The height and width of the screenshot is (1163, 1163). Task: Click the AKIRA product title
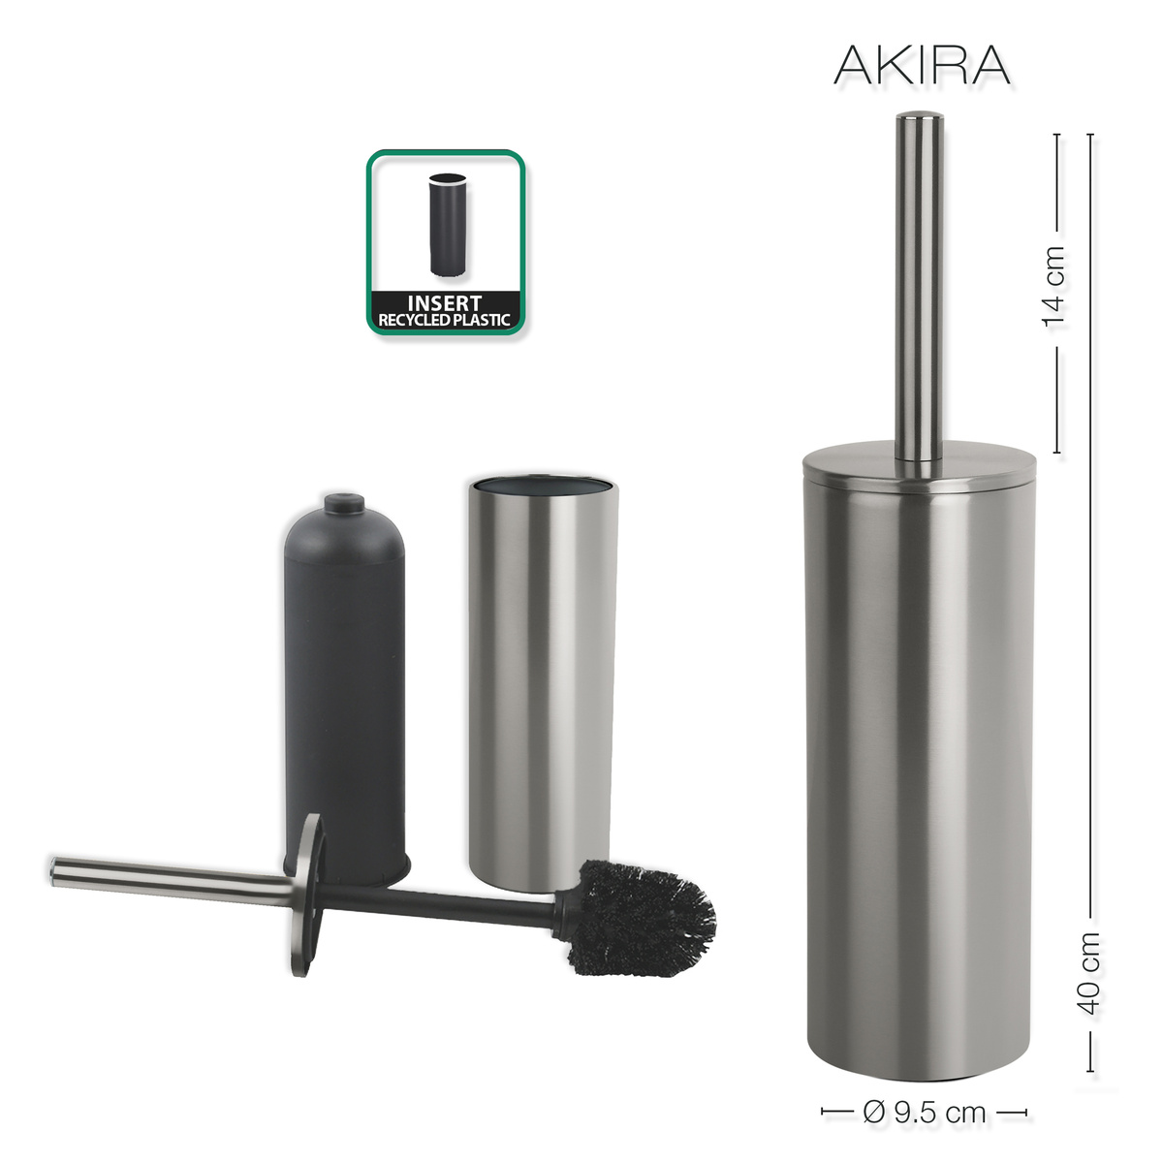pos(922,66)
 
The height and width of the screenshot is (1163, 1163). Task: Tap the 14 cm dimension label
pos(1055,288)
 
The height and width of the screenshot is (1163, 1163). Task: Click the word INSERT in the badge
pos(445,303)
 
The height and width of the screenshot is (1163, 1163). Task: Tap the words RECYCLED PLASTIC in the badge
pos(445,320)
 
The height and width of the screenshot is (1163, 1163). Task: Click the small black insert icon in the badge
pos(447,225)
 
